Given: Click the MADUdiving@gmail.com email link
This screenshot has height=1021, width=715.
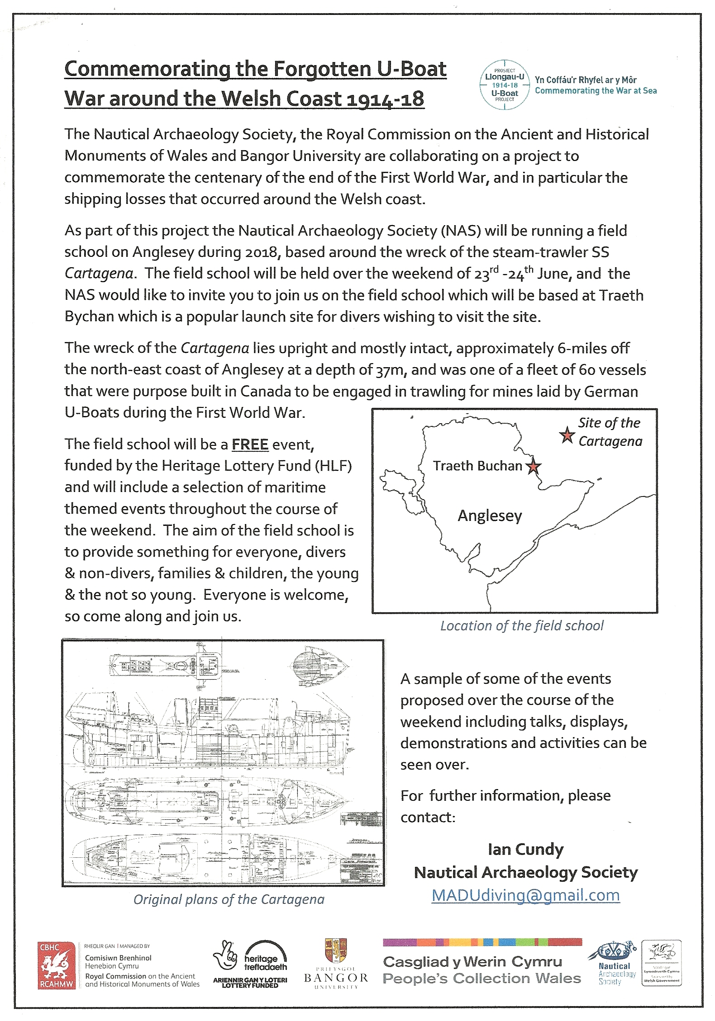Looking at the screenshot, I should click(525, 895).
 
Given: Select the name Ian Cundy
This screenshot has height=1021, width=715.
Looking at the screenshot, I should click(525, 849).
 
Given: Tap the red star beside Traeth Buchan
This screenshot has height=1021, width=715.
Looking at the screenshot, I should click(534, 466).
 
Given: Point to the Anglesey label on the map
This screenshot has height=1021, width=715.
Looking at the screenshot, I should click(490, 515).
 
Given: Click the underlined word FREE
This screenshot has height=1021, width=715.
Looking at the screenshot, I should click(250, 444).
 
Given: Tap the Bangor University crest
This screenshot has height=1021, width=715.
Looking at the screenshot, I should click(335, 950).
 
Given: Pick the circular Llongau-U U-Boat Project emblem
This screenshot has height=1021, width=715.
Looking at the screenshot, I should click(505, 85).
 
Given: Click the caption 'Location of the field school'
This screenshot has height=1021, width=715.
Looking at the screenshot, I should click(522, 626).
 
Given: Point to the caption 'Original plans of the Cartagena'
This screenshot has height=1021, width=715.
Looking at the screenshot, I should click(229, 900).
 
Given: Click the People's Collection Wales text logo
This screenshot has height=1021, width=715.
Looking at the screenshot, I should click(481, 978).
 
